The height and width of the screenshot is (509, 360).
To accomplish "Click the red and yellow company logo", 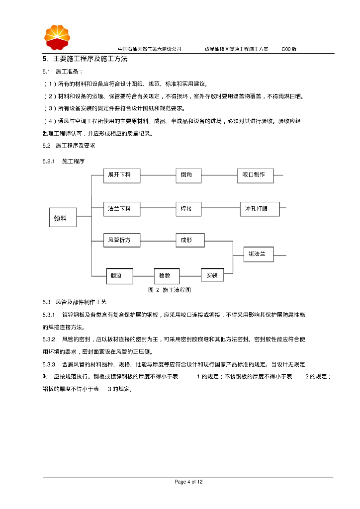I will click(x=58, y=36).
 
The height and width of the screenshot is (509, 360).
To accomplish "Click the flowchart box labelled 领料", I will click(x=63, y=217).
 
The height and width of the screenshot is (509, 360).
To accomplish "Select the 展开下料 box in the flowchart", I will click(x=122, y=175).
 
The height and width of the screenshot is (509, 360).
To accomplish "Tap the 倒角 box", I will click(x=190, y=175).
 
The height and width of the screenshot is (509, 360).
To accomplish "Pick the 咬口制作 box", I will click(x=255, y=175).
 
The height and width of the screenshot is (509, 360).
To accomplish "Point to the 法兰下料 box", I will click(x=122, y=209).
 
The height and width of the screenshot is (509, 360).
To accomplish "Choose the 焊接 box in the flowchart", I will click(x=190, y=209).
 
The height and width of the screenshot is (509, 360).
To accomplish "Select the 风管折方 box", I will click(x=122, y=241).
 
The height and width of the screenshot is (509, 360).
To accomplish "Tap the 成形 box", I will click(x=190, y=241).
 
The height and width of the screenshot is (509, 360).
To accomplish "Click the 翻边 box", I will click(x=120, y=275).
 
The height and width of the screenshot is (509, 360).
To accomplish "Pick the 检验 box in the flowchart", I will click(x=166, y=275).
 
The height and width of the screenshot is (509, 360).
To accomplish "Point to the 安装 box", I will click(x=212, y=275).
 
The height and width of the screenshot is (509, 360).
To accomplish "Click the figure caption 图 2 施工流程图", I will click(x=170, y=290).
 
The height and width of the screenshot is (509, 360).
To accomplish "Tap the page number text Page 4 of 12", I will click(x=188, y=482).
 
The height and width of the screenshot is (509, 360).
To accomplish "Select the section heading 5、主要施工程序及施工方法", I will click(x=85, y=59).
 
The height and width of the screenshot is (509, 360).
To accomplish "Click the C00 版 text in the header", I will click(x=289, y=49).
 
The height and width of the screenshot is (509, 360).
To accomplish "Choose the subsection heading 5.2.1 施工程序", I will click(x=64, y=162).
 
